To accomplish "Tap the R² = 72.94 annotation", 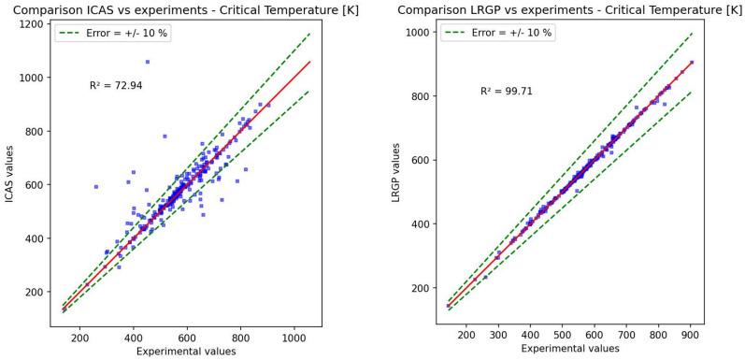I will (115, 85).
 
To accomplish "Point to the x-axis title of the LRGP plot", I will (564, 352).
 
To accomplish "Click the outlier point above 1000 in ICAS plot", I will (147, 63).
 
